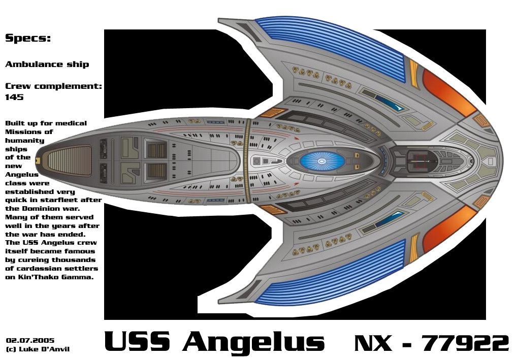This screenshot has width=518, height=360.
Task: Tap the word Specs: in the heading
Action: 27,38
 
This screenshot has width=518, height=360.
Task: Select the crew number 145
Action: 14,97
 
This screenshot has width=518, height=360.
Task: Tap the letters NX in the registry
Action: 373,343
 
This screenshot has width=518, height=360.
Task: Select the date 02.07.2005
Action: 30,340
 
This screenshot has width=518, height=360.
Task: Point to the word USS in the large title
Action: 136,342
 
